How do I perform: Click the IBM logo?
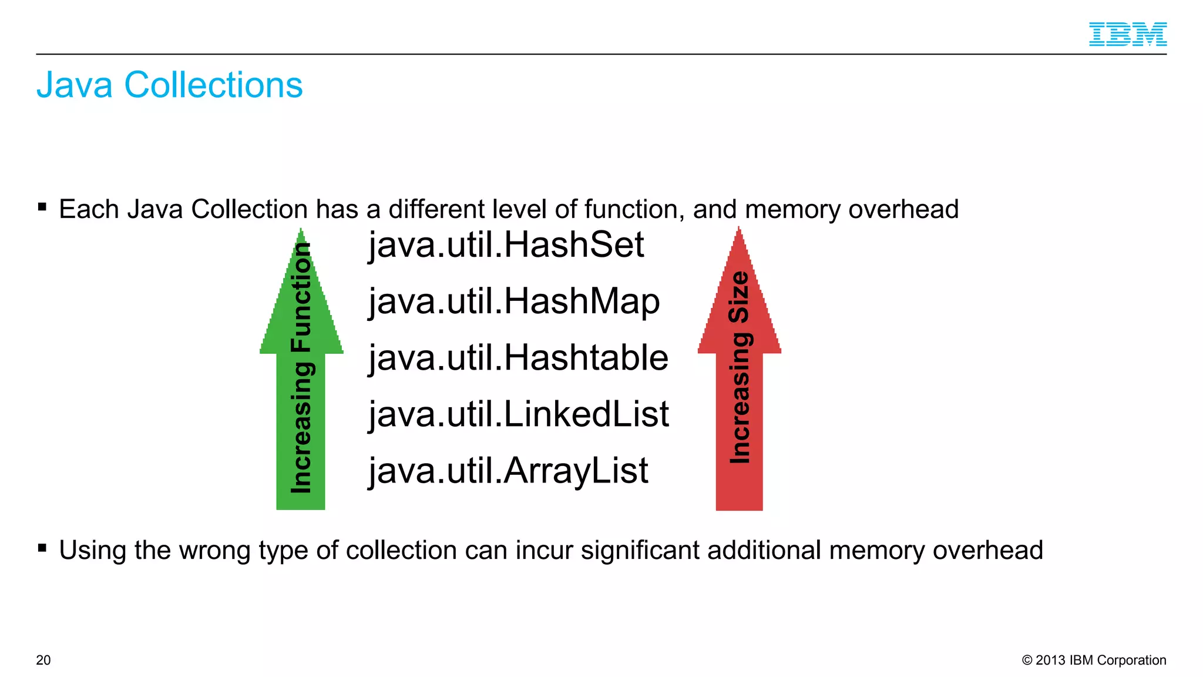click(1127, 34)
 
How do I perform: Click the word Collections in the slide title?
click(213, 85)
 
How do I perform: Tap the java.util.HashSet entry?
click(506, 244)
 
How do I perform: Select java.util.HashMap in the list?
click(514, 301)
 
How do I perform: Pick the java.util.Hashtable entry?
click(518, 358)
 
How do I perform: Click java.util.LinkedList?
click(519, 414)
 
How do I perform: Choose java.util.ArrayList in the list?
click(508, 471)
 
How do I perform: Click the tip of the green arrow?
click(301, 231)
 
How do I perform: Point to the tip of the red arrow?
click(739, 230)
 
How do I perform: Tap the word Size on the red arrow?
click(739, 297)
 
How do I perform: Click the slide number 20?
click(43, 660)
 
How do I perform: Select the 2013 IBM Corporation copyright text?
click(1094, 660)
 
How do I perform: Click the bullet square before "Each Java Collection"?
click(42, 207)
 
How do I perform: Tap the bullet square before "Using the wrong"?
click(42, 548)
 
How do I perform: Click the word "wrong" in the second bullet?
click(215, 551)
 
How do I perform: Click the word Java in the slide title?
click(75, 85)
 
